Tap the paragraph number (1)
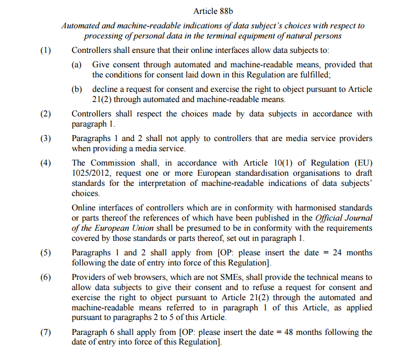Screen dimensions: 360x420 46,51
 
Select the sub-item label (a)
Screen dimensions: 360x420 77,65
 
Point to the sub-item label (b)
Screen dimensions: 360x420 77,89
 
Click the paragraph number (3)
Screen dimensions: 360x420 46,138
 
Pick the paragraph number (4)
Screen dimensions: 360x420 46,163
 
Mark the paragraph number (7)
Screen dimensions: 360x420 46,332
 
